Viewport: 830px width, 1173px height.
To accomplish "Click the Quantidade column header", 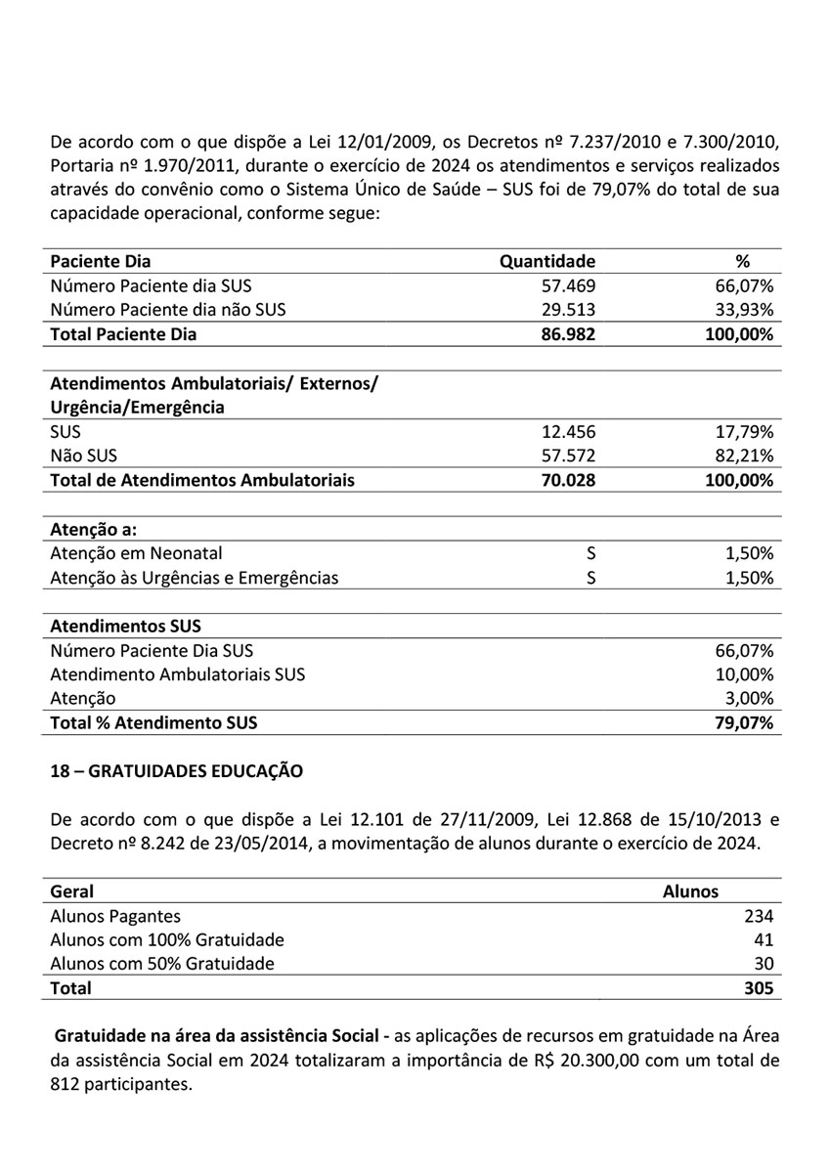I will tap(546, 261).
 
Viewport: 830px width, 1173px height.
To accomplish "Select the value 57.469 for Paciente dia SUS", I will tap(568, 285).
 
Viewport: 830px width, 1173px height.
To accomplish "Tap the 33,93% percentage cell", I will tap(745, 310).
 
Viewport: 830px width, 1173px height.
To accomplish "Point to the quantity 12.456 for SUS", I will tap(568, 431).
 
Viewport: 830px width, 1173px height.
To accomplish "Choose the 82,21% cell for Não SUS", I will tap(745, 456).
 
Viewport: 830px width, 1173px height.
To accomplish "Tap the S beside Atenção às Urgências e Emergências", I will tap(590, 577).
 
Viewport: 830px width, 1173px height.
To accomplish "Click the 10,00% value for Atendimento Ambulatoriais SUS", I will tap(745, 673).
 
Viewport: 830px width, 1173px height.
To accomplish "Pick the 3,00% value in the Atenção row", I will tap(750, 698).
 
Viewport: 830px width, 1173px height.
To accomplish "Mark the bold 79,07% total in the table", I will tap(745, 722).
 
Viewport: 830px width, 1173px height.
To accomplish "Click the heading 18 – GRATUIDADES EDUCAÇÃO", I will tap(176, 771).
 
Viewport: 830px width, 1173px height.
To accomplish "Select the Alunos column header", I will tap(690, 891).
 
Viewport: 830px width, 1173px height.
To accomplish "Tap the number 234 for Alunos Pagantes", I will tap(758, 916).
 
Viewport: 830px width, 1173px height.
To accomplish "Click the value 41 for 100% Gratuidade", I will tap(764, 939).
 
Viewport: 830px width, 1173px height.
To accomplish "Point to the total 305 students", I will tap(758, 988).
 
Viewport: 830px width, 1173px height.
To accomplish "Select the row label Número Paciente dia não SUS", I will tap(168, 310).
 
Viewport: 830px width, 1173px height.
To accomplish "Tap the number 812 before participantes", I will tap(66, 1084).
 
